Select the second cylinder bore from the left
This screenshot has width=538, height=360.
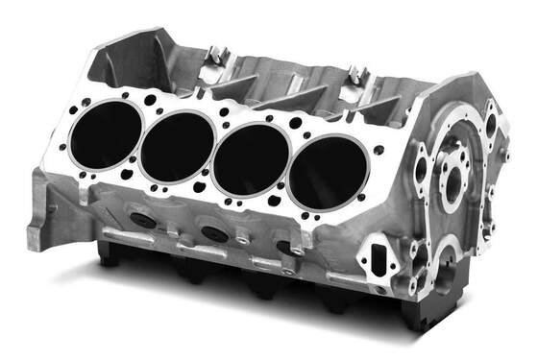coord(176,145)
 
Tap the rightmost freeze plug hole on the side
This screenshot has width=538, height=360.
coord(286,247)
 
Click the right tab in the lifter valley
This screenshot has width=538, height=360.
coord(358,73)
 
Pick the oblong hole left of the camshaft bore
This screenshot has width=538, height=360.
coord(421,170)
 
